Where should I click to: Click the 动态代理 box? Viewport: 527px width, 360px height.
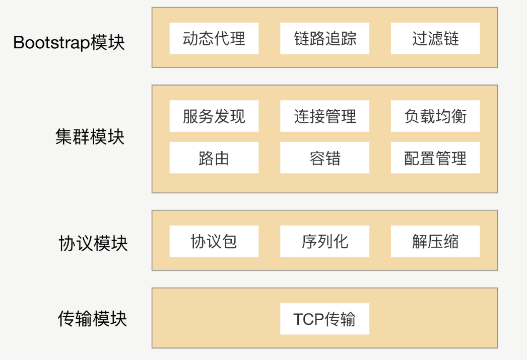tap(214, 39)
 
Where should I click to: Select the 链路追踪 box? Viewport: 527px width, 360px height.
tap(325, 39)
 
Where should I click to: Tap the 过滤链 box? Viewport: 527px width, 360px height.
tap(435, 39)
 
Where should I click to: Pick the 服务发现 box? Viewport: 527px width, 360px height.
tap(214, 116)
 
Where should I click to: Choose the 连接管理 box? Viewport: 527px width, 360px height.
tap(325, 116)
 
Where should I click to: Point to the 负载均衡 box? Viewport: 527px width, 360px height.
tap(435, 116)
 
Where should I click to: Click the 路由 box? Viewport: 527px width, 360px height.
tap(214, 158)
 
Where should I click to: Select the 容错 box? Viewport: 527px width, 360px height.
tap(325, 158)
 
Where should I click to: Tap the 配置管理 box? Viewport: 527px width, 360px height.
tap(435, 158)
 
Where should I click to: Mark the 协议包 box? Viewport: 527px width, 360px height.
tap(214, 241)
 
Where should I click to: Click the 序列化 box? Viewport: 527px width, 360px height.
tap(325, 241)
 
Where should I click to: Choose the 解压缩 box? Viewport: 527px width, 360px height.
tap(435, 241)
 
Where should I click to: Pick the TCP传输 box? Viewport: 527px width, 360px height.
tap(325, 319)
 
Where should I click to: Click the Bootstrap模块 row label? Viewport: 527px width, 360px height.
tap(69, 42)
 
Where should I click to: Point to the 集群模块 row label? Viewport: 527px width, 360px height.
tap(90, 137)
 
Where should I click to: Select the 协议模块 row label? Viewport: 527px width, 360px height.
tap(93, 243)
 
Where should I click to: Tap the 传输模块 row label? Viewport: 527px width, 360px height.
tap(92, 319)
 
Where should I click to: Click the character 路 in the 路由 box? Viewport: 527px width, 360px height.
tap(206, 158)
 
